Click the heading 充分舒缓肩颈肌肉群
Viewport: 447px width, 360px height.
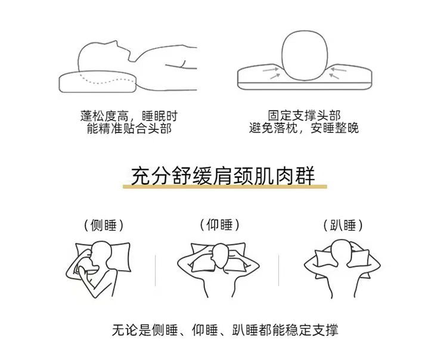pyautogui.click(x=223, y=176)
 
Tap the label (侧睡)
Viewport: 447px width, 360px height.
pyautogui.click(x=104, y=225)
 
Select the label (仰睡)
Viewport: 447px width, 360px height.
pyautogui.click(x=219, y=225)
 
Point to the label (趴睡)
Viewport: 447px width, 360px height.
pyautogui.click(x=343, y=225)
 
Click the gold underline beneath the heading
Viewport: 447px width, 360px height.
pyautogui.click(x=225, y=187)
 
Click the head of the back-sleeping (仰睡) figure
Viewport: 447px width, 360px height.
pyautogui.click(x=221, y=256)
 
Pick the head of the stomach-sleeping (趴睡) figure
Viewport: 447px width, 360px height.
pyautogui.click(x=342, y=252)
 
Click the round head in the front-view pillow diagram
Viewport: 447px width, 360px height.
pyautogui.click(x=304, y=54)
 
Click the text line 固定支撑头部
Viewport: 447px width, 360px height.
pyautogui.click(x=304, y=116)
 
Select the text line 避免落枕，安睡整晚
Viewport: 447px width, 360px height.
pyautogui.click(x=304, y=128)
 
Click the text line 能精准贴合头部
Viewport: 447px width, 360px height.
pyautogui.click(x=129, y=128)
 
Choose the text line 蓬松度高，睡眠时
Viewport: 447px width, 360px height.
pyautogui.click(x=129, y=116)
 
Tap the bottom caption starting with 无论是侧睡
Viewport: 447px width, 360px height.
pyautogui.click(x=225, y=330)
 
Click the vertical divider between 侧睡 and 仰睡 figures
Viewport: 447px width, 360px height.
pyautogui.click(x=156, y=270)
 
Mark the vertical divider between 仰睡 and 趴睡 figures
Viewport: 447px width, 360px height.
pyautogui.click(x=278, y=270)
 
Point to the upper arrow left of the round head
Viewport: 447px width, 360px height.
pyautogui.click(x=270, y=69)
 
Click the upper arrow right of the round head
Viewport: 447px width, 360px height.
pyautogui.click(x=339, y=69)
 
